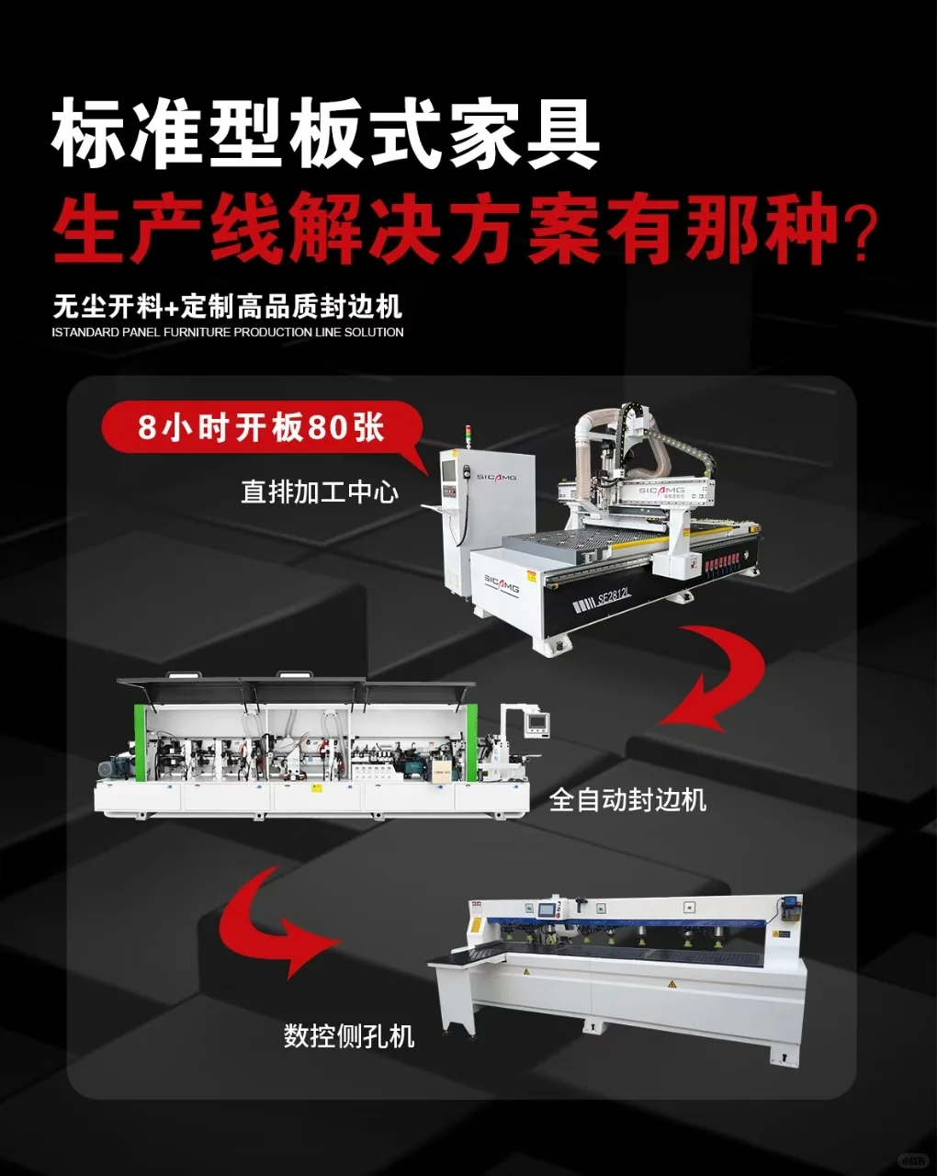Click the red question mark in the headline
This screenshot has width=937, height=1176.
pyautogui.click(x=860, y=232)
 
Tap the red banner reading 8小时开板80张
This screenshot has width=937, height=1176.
pyautogui.click(x=261, y=428)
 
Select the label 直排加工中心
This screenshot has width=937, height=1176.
pyautogui.click(x=320, y=492)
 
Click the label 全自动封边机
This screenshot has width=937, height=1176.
pyautogui.click(x=627, y=799)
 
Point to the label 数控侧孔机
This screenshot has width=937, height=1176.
pyautogui.click(x=349, y=1036)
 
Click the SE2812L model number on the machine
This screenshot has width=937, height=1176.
pyautogui.click(x=615, y=598)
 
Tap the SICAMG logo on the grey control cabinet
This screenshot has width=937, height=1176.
pyautogui.click(x=496, y=477)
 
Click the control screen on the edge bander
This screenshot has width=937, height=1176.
pyautogui.click(x=537, y=723)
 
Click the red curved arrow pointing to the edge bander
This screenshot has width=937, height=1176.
pyautogui.click(x=717, y=680)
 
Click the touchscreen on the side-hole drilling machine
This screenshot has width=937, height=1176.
pyautogui.click(x=548, y=910)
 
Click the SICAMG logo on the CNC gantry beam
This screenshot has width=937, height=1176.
pyautogui.click(x=661, y=491)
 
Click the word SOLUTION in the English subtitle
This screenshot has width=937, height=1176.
pyautogui.click(x=374, y=333)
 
